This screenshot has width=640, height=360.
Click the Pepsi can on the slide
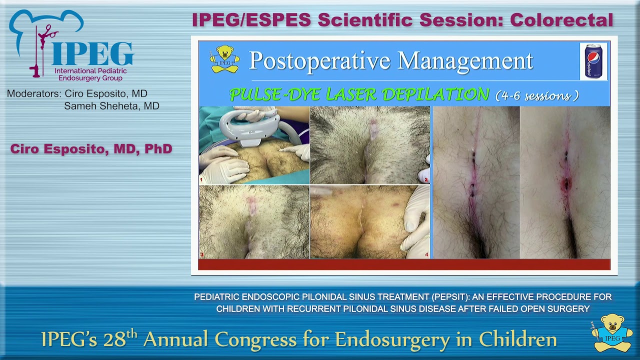click(x=593, y=61)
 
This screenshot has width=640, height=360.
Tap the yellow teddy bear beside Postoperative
click(x=224, y=59)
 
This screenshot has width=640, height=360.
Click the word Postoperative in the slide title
click(x=320, y=61)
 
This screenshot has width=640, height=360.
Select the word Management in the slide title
click(x=465, y=61)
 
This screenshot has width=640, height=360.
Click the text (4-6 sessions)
click(x=537, y=95)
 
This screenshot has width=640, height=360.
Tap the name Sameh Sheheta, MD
click(x=111, y=106)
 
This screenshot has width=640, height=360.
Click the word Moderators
click(x=34, y=93)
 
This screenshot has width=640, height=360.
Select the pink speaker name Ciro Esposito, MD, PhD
click(x=91, y=149)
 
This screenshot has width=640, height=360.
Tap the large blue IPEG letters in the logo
click(x=92, y=54)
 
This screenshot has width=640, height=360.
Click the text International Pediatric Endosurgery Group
click(x=90, y=74)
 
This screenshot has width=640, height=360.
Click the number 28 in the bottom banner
click(x=114, y=339)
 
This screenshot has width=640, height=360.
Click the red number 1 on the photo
click(x=201, y=179)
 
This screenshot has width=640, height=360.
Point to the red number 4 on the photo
click(x=426, y=254)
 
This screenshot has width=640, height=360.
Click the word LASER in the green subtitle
click(x=351, y=94)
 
